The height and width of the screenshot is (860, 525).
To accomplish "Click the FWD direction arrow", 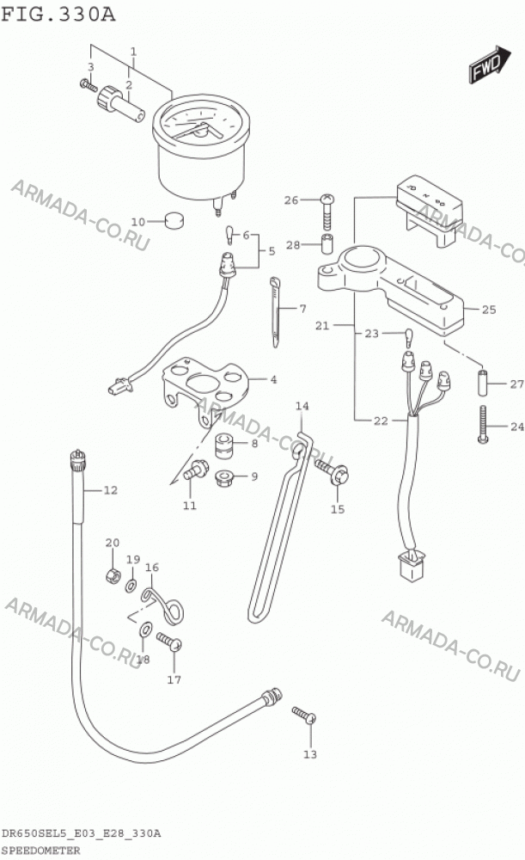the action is pos(490,64).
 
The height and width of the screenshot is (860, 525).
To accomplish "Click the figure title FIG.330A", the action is pos(58,13).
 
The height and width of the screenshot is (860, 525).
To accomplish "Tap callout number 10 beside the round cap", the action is pos(138,222).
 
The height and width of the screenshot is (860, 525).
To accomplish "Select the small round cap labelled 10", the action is pos(174,220).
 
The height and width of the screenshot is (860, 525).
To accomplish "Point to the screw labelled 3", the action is pos(89,85).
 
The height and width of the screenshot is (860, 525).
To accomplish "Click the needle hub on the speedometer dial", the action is pos(200,131).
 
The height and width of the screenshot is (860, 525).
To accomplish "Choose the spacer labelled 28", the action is pos(327,243).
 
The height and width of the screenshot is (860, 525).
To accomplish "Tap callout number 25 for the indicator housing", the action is pos(489,310).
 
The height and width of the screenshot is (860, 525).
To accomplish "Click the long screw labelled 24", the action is pos(483,424).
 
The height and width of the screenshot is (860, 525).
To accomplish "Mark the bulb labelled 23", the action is pos(409,337).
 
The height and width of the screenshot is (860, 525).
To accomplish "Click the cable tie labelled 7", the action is pos(276,312).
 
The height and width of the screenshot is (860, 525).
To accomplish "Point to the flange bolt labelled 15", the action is pos(332,472).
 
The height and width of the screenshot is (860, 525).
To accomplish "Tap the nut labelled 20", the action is pos(112,576).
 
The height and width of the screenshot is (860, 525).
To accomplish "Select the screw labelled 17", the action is pos(169,642).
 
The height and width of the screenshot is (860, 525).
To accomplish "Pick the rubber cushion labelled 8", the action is pos(224,445).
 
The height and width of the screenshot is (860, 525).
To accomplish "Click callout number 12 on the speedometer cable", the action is pos(111,490).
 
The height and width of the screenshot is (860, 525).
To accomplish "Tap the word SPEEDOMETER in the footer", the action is pos(40,851).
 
